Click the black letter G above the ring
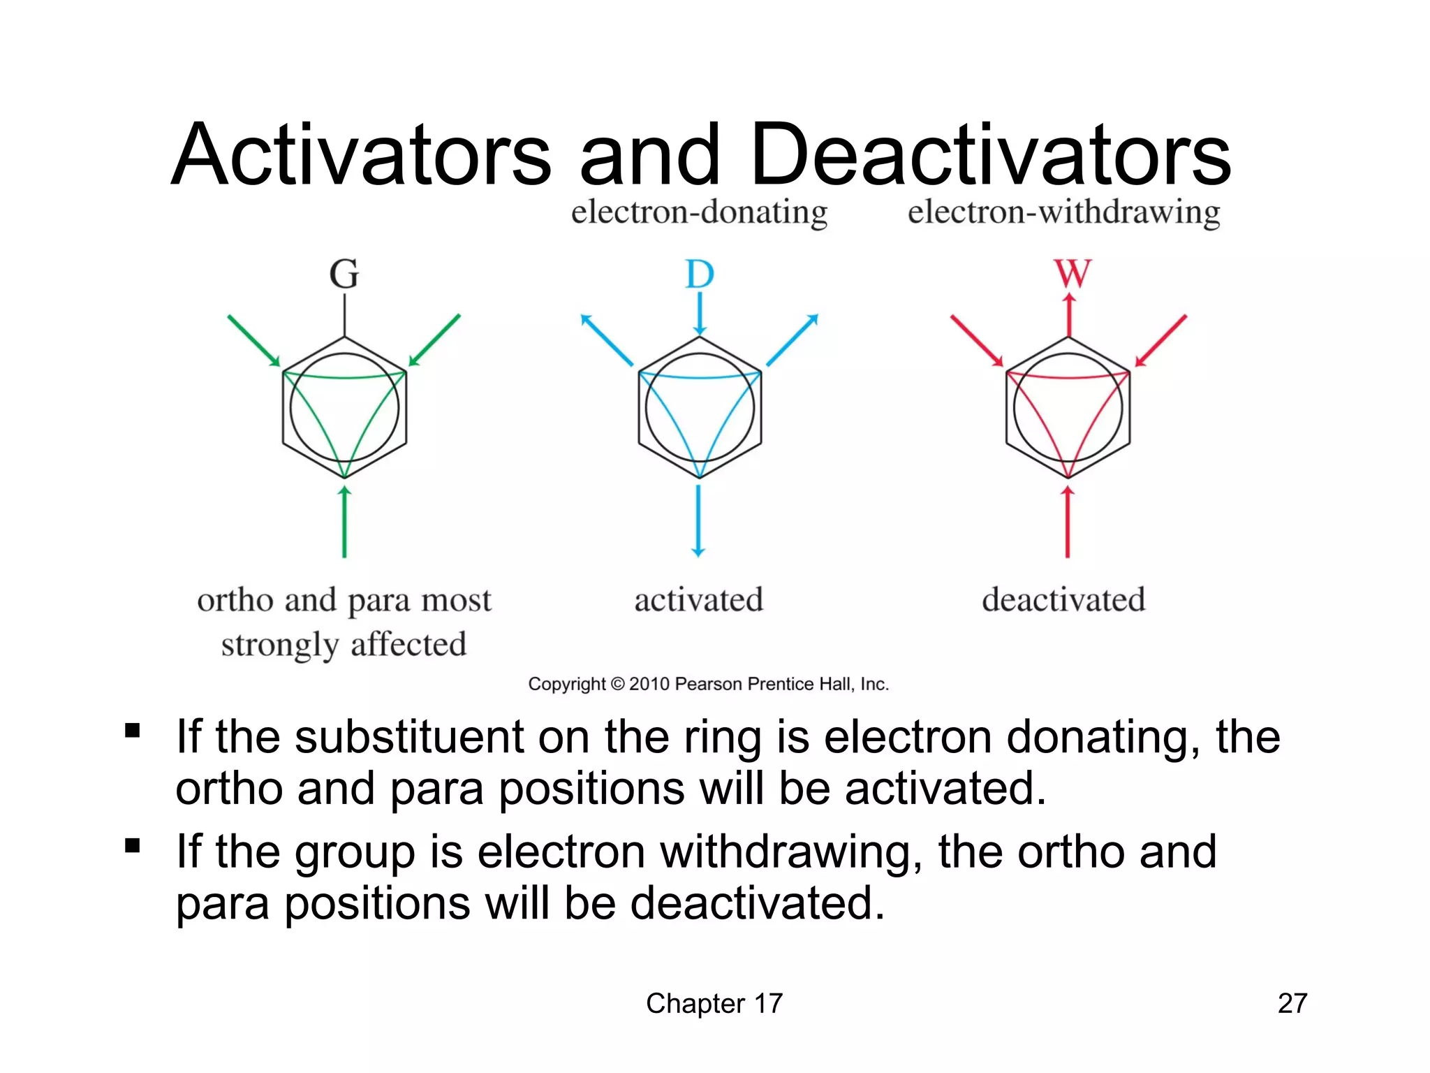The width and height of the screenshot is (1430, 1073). (x=344, y=274)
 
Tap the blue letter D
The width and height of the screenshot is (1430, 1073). (x=700, y=274)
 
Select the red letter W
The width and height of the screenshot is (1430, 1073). (x=1072, y=273)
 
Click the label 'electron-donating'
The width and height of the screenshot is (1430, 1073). (x=699, y=212)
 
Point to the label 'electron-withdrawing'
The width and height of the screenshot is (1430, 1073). (x=1063, y=212)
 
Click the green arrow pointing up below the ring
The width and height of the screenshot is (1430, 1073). (x=344, y=521)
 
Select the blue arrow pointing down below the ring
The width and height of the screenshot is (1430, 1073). (x=698, y=521)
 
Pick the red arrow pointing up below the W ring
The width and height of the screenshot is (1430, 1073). (x=1068, y=521)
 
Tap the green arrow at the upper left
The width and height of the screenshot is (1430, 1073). (x=253, y=340)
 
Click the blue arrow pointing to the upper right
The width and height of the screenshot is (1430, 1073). (x=793, y=340)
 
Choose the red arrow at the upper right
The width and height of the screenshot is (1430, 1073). (x=1160, y=340)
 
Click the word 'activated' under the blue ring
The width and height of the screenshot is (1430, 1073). (x=698, y=600)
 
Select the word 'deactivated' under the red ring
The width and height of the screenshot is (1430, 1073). (x=1063, y=600)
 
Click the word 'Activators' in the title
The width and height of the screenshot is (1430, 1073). (x=362, y=155)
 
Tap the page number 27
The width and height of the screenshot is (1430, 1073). (x=1292, y=1003)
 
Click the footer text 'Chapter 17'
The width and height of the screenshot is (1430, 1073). (x=714, y=1003)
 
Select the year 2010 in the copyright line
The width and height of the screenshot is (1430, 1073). (x=649, y=684)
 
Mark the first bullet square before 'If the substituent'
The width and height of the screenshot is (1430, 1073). (x=132, y=731)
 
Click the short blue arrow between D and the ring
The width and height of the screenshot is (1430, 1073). (x=700, y=313)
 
